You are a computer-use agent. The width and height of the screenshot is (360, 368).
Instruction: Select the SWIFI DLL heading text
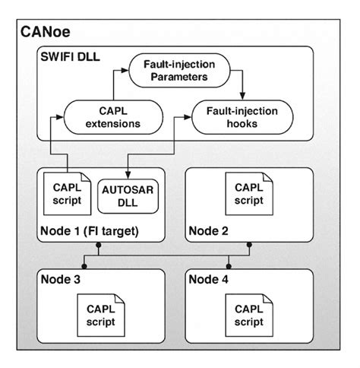73,56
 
